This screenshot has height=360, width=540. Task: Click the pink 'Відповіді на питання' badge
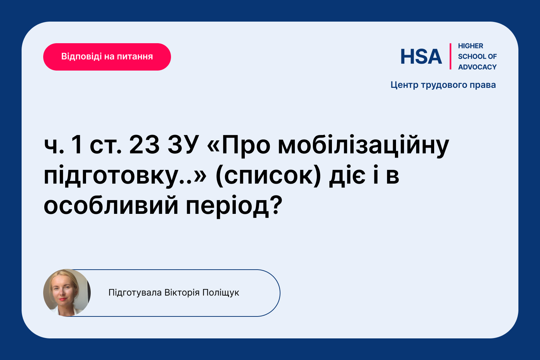[107, 57]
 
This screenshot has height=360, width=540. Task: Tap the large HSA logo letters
[421, 57]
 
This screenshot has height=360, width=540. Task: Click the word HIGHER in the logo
[470, 46]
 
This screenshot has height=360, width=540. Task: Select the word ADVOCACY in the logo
[477, 67]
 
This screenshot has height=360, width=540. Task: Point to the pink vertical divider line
[450, 57]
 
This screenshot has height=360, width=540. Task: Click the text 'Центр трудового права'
[443, 85]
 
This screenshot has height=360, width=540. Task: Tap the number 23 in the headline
[144, 145]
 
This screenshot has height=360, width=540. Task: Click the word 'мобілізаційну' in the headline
[363, 146]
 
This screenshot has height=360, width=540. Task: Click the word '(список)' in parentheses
[268, 176]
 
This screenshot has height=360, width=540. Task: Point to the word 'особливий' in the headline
[111, 206]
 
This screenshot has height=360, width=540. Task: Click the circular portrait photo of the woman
[67, 293]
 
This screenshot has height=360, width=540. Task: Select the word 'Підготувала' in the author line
[135, 293]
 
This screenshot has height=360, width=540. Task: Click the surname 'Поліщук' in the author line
[221, 293]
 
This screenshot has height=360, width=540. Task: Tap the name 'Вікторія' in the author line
[182, 293]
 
